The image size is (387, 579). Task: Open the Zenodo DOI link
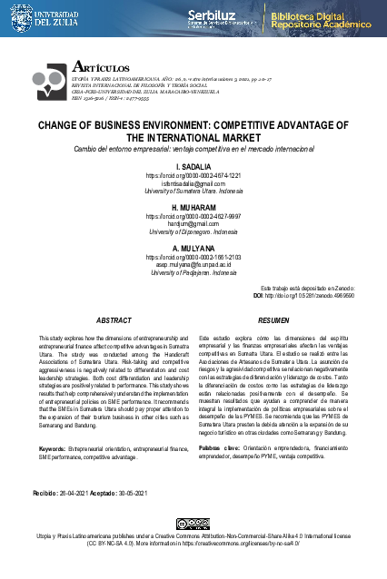[x=310, y=296]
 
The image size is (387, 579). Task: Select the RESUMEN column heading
[x=273, y=320]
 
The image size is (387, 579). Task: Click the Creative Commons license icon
[x=193, y=524]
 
